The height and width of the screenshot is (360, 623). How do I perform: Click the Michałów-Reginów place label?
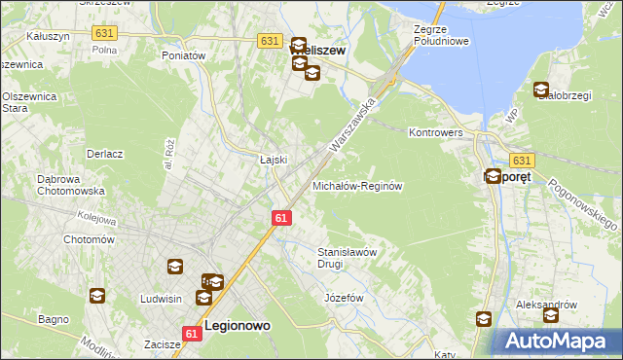pyautogui.click(x=356, y=185)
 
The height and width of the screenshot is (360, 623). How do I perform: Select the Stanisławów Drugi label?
pyautogui.click(x=347, y=257)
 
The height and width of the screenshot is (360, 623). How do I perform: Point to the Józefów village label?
pyautogui.click(x=343, y=297)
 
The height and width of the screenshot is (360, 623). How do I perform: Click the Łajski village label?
pyautogui.click(x=272, y=160)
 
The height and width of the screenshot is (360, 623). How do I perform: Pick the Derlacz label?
pyautogui.click(x=104, y=154)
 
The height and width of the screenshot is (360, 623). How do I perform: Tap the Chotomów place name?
pyautogui.click(x=89, y=239)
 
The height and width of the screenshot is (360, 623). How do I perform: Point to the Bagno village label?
pyautogui.click(x=53, y=318)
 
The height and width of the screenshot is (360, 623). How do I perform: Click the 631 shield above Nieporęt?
pyautogui.click(x=522, y=161)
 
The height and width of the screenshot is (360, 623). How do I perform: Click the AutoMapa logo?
pyautogui.click(x=554, y=342)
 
